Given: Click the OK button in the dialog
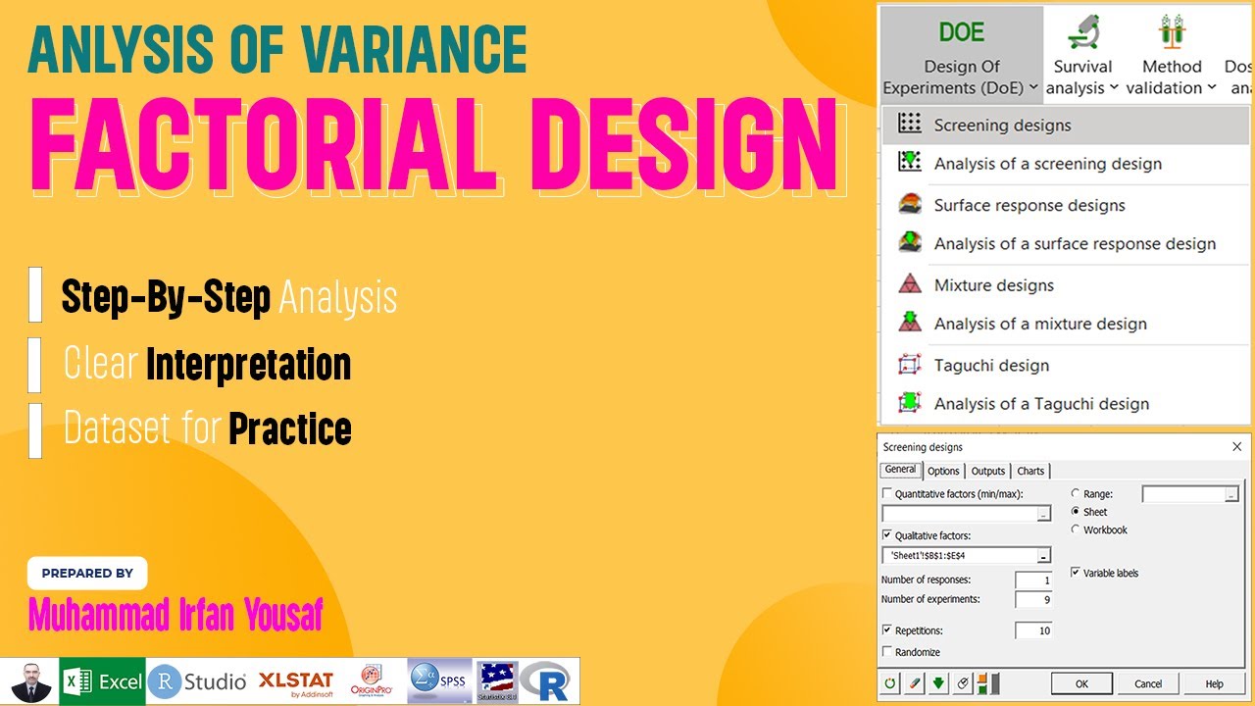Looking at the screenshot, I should tap(1081, 683).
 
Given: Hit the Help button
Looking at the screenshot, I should tap(1214, 683).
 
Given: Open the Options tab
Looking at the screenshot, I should tap(943, 471).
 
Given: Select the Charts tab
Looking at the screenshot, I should tap(1030, 471).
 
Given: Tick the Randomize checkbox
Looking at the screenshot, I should tap(888, 652).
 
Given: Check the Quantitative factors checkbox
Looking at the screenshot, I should tap(888, 494).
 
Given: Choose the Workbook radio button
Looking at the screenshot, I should tap(1076, 529).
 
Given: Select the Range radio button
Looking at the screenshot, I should tap(1076, 494).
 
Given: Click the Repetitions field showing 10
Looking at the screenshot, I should tap(1033, 630).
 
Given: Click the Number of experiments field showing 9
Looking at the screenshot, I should tap(1033, 599).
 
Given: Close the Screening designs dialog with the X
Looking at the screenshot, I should tap(1236, 447).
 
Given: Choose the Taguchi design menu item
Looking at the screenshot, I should tap(991, 365).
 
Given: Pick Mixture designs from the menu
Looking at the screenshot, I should tap(993, 285).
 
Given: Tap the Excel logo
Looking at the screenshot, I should tap(103, 681).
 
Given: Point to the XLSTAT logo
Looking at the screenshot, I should tap(296, 681).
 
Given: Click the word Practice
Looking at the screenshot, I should tap(289, 429).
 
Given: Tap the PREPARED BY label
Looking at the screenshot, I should tap(87, 573).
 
